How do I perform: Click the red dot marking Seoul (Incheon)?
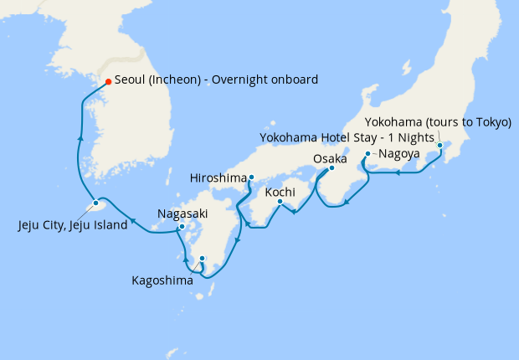tap(108, 81)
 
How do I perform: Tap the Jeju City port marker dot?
tap(96, 203)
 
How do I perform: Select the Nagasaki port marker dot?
tap(182, 227)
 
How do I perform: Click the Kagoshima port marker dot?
tap(202, 258)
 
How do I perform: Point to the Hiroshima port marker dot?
tap(251, 177)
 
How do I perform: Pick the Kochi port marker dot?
tap(280, 201)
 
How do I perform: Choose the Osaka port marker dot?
tap(331, 168)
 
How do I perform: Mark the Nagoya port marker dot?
tap(368, 154)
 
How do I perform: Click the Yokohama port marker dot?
tap(439, 146)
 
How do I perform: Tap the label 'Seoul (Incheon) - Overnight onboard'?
tap(217, 80)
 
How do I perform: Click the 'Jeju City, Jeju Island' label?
tap(73, 224)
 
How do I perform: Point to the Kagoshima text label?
tap(162, 280)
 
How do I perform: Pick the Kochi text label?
tap(280, 192)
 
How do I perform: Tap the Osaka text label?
tap(330, 158)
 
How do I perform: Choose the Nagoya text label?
tap(398, 154)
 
